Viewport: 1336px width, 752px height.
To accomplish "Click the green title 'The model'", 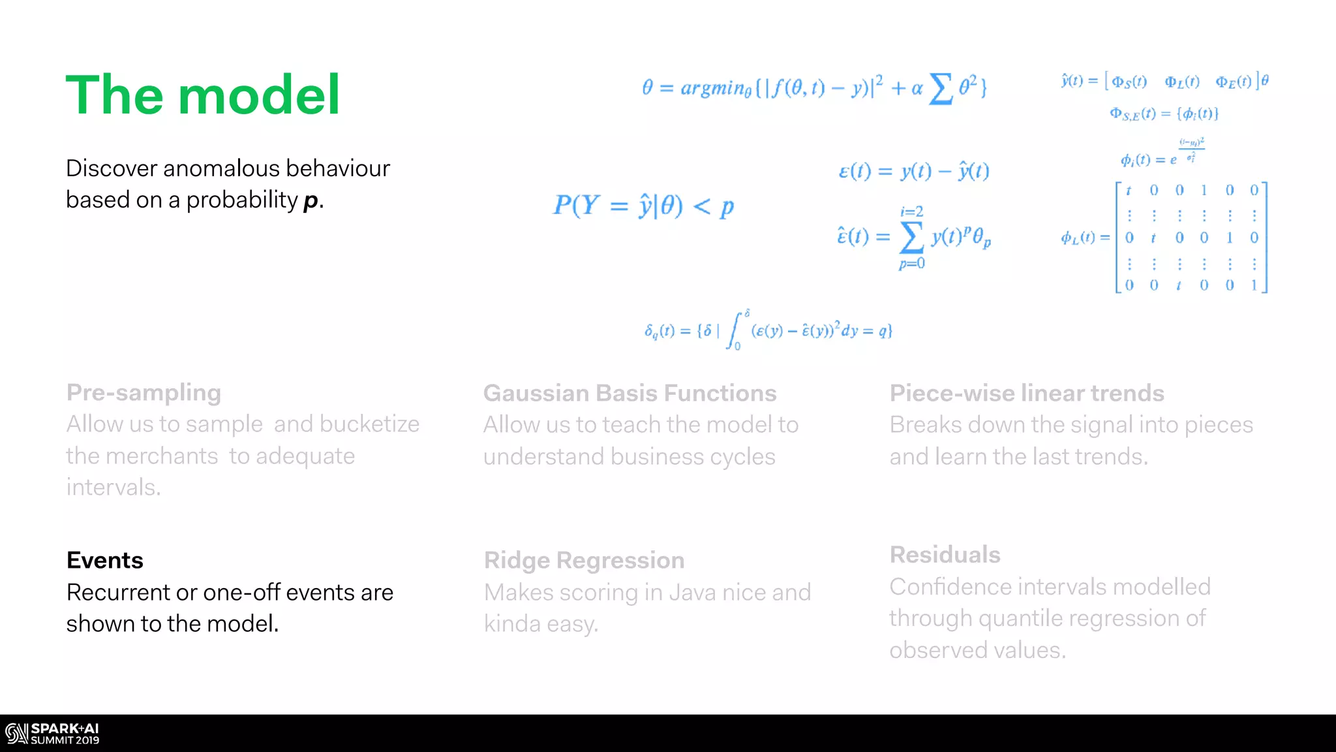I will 202,95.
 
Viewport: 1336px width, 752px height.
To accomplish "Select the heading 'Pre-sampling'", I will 144,393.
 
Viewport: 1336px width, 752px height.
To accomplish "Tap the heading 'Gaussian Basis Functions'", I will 630,393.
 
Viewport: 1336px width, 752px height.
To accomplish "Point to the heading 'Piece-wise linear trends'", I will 1027,393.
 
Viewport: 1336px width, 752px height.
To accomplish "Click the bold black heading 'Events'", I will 105,560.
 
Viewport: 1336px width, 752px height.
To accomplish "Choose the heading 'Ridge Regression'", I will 584,560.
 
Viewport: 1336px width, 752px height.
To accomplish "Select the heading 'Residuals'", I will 945,555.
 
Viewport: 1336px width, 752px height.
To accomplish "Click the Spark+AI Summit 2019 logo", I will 52,734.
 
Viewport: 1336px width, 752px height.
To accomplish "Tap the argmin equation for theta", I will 814,87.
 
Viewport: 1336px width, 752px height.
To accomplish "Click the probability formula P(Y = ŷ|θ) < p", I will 643,206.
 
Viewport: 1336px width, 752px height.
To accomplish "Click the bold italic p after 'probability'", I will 311,200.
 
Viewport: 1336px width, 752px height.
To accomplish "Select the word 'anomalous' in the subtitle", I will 221,168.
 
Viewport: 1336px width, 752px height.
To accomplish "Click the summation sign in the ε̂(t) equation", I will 911,236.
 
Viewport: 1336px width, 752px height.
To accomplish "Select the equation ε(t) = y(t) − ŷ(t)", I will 913,171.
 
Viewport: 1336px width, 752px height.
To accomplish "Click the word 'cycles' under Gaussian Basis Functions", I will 742,457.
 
